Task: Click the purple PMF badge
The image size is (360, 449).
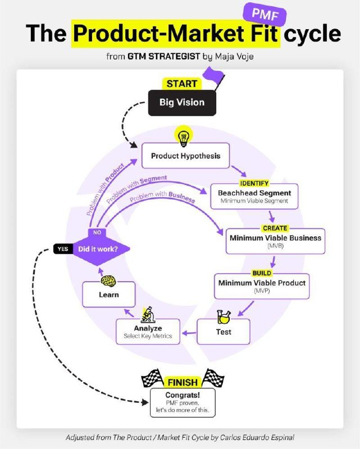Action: pos(265,14)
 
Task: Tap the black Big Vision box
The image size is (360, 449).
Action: pos(182,103)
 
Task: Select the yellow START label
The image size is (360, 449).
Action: pos(182,84)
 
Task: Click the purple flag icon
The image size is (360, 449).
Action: pos(213,77)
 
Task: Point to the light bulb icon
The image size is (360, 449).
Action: pos(184,136)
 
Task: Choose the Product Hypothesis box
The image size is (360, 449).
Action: pos(186,155)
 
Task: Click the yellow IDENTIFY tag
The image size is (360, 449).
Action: pos(254,184)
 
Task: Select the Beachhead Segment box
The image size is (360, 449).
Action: pos(254,196)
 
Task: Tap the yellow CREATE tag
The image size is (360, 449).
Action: pos(275,228)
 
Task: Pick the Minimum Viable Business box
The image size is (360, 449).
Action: pos(275,241)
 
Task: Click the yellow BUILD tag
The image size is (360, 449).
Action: pos(262,273)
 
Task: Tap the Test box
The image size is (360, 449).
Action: pos(224,332)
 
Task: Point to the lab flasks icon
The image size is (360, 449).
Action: pos(224,317)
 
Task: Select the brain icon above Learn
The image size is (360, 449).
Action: pos(108,281)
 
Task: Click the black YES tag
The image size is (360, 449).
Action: pos(63,249)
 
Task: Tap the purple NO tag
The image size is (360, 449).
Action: pos(97,232)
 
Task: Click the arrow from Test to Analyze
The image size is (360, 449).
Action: pos(189,333)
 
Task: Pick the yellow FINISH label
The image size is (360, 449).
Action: pos(183,382)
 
